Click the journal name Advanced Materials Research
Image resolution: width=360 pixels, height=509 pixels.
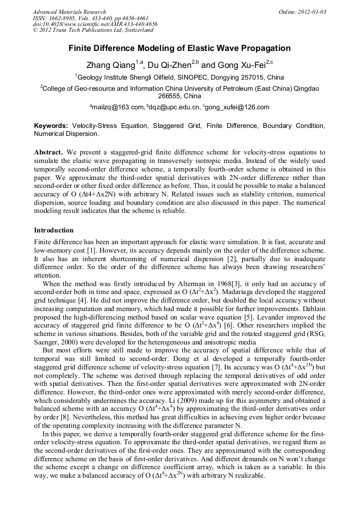click(x=69, y=12)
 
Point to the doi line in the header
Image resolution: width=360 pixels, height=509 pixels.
click(x=95, y=24)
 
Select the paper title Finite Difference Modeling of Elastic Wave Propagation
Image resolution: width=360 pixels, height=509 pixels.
click(x=179, y=48)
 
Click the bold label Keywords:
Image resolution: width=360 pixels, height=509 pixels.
click(x=51, y=126)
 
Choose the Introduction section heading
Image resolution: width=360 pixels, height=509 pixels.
click(x=54, y=230)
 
